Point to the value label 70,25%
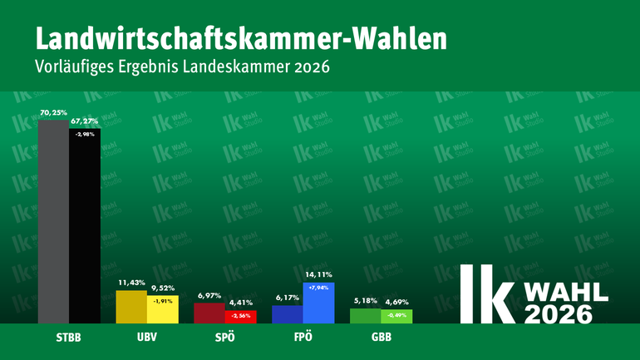pos(53,111)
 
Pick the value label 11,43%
pos(130,283)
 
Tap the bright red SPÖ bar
pos(240,318)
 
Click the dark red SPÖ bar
pos(209,313)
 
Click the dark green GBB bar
pos(365,316)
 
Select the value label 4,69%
pos(396,302)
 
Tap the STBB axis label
pos(69,339)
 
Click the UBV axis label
pos(146,339)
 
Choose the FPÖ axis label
pos(303,339)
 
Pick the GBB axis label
pos(381,339)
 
